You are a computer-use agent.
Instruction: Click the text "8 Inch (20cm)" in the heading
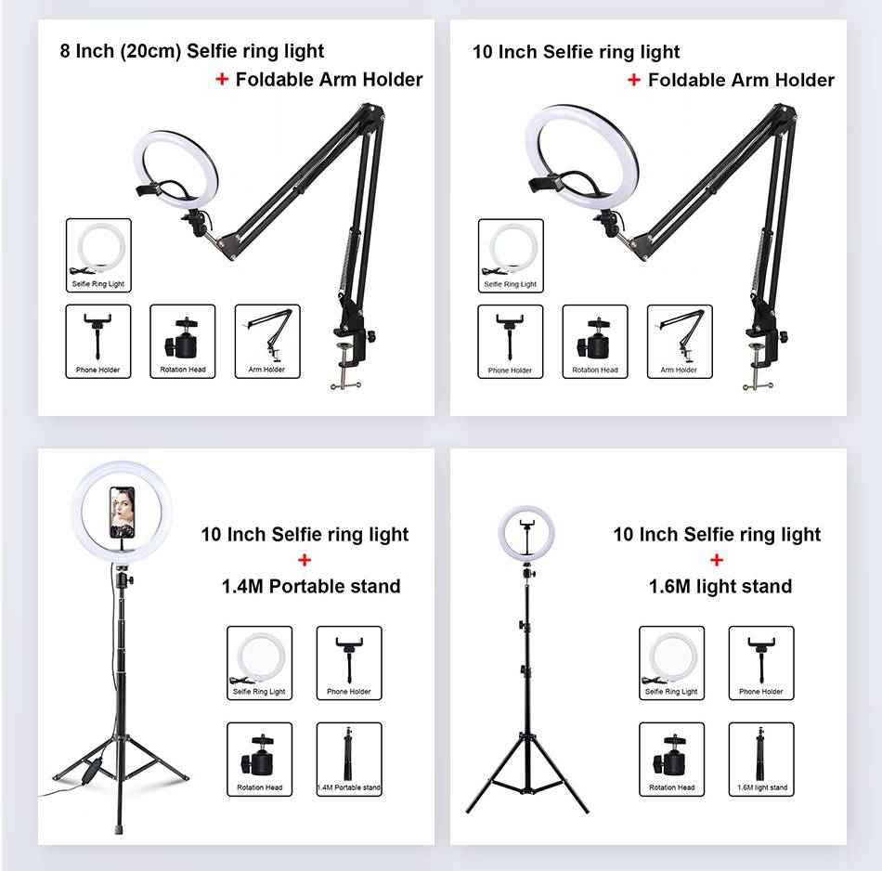(121, 51)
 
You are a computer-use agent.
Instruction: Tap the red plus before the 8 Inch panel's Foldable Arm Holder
(222, 79)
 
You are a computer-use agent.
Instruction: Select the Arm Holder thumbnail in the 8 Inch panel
(267, 342)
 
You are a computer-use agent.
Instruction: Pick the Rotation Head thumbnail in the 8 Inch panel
(183, 342)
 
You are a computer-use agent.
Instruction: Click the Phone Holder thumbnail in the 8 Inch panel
(98, 342)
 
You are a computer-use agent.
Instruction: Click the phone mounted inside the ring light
(122, 512)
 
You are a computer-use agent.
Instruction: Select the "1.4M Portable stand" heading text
(311, 586)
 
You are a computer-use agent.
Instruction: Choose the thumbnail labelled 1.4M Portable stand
(349, 760)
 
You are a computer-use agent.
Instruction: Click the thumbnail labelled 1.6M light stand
(761, 760)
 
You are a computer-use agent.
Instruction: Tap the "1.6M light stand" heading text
(720, 586)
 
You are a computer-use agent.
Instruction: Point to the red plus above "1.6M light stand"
(717, 560)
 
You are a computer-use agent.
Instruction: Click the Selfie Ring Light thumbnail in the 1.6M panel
(671, 663)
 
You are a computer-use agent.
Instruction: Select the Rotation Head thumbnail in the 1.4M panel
(259, 760)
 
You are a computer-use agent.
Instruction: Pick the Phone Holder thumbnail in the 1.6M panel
(761, 663)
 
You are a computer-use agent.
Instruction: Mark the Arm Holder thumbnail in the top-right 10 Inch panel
(680, 342)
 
